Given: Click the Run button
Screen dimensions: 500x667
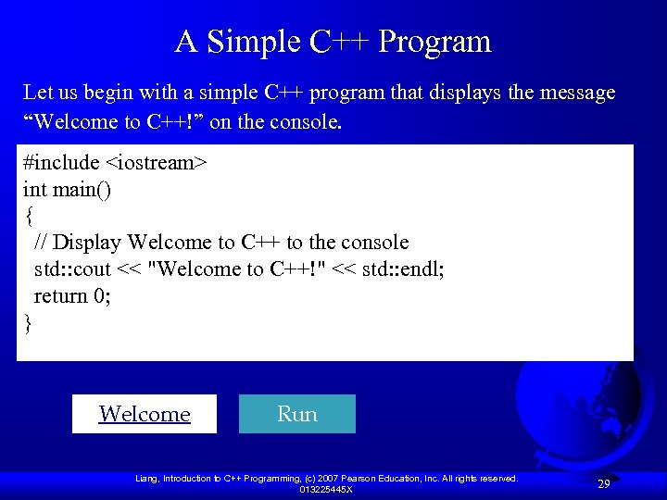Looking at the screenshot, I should pyautogui.click(x=296, y=414).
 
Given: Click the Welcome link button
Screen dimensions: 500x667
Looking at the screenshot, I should pyautogui.click(x=145, y=414).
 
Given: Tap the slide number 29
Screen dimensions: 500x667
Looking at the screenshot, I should pyautogui.click(x=603, y=484).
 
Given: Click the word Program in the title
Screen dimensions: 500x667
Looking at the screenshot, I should pyautogui.click(x=434, y=42).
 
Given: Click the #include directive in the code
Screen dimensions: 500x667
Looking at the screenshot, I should pyautogui.click(x=61, y=163).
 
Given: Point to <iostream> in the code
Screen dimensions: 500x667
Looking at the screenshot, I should pyautogui.click(x=157, y=163).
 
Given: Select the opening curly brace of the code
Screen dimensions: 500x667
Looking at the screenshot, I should pyautogui.click(x=29, y=216).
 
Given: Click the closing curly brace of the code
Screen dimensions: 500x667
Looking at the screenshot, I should pyautogui.click(x=29, y=323).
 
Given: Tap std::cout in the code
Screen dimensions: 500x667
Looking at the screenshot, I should pyautogui.click(x=72, y=269).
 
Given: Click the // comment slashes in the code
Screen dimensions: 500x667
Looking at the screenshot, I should pyautogui.click(x=41, y=243).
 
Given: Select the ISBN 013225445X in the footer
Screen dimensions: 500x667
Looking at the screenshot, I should pyautogui.click(x=325, y=489).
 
